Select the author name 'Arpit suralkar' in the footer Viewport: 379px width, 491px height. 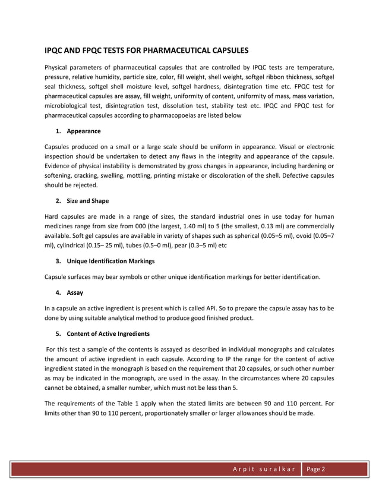pos(264,469)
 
